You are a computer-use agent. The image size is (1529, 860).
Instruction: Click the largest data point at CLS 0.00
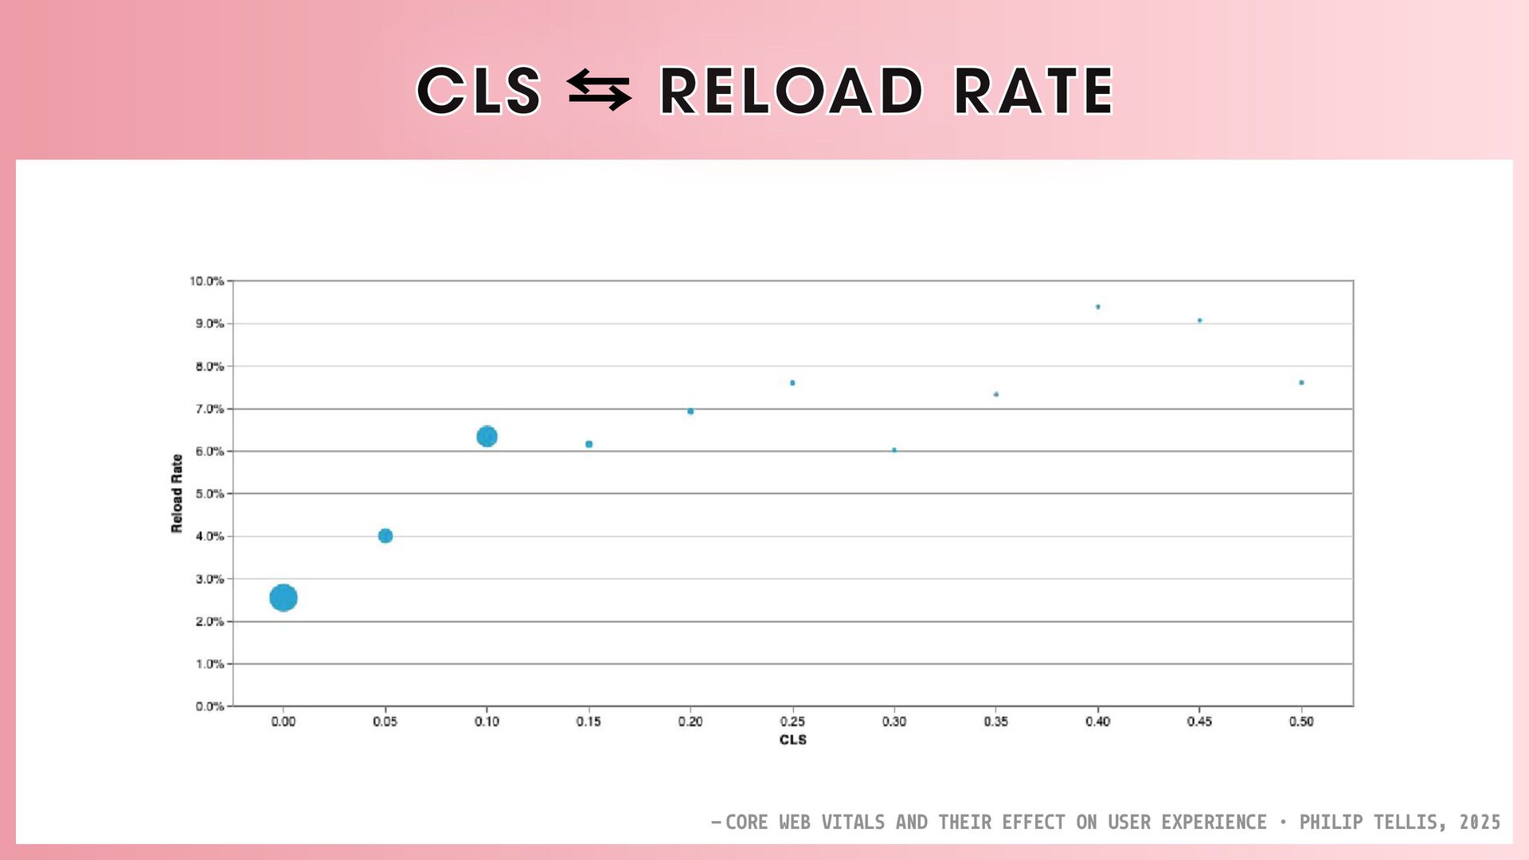pyautogui.click(x=284, y=597)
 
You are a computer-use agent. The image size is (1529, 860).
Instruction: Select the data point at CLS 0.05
pyautogui.click(x=385, y=536)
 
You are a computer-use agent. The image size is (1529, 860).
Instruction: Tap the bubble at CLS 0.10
pyautogui.click(x=487, y=436)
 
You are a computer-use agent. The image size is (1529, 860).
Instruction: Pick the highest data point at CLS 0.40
pyautogui.click(x=1098, y=307)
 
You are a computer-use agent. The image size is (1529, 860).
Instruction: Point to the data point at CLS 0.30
pyautogui.click(x=894, y=450)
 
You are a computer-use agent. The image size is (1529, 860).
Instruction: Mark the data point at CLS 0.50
pyautogui.click(x=1301, y=383)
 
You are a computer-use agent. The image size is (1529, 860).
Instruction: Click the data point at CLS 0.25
pyautogui.click(x=792, y=383)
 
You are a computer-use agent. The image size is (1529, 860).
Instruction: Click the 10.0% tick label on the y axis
pyautogui.click(x=206, y=281)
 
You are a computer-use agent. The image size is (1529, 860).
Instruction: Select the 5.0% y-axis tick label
pyautogui.click(x=209, y=494)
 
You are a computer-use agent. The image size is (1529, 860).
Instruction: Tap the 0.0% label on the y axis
pyautogui.click(x=209, y=706)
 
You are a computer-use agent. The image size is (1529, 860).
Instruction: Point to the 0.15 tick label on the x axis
pyautogui.click(x=589, y=721)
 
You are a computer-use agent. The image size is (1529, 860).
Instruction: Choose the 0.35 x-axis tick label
pyautogui.click(x=995, y=721)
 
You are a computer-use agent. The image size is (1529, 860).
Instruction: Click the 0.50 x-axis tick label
pyautogui.click(x=1301, y=721)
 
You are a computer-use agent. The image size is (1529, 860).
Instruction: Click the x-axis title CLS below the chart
pyautogui.click(x=793, y=740)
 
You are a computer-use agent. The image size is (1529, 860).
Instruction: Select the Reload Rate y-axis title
pyautogui.click(x=177, y=494)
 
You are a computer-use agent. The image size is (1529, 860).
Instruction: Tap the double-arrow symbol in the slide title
pyautogui.click(x=599, y=90)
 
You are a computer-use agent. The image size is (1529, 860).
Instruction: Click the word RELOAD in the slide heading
pyautogui.click(x=792, y=91)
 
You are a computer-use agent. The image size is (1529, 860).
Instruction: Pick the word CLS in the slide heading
pyautogui.click(x=479, y=91)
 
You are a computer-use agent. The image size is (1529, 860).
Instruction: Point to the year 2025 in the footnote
pyautogui.click(x=1480, y=823)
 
